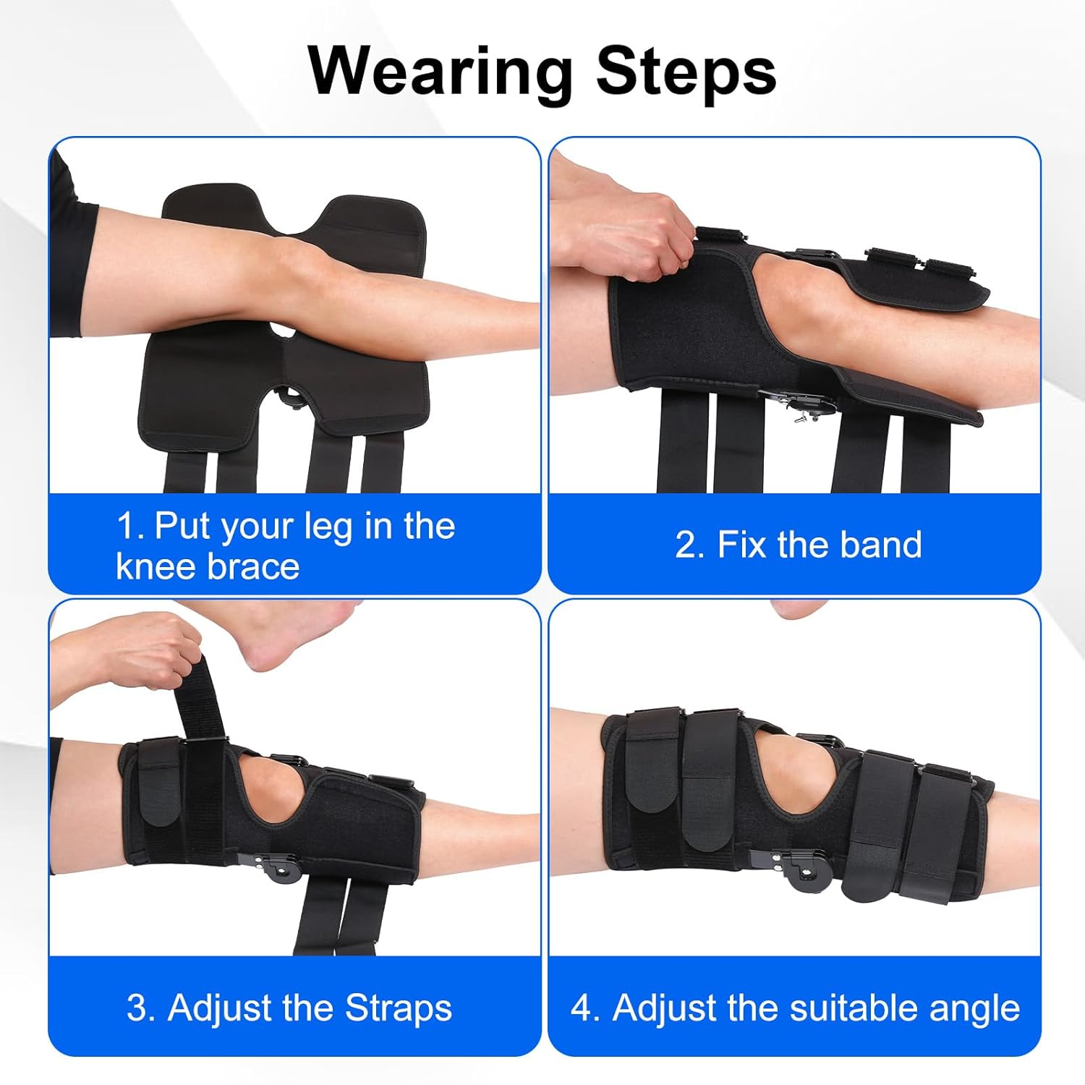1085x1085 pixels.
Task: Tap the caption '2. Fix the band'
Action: (799, 545)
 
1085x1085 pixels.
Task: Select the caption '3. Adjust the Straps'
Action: (289, 1008)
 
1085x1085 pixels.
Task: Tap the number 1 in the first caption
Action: (127, 527)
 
